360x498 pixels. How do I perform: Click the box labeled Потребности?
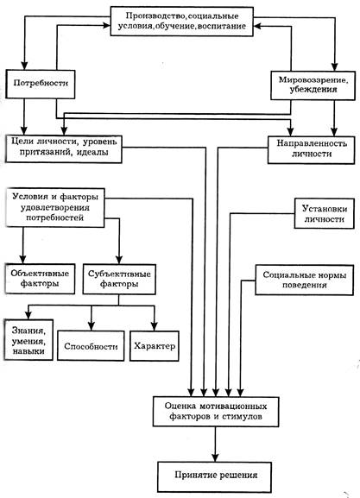tap(41, 84)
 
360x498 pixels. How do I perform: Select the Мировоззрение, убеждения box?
tap(313, 85)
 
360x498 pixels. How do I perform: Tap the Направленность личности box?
tap(311, 150)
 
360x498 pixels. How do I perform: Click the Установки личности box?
tap(324, 213)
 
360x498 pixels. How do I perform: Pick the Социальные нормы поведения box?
tap(305, 280)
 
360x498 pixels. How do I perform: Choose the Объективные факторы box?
tap(40, 279)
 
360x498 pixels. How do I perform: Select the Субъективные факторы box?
tap(119, 279)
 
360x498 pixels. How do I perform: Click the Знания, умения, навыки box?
tap(28, 340)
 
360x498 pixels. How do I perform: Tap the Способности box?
tap(91, 346)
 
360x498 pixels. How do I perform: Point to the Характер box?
tap(155, 346)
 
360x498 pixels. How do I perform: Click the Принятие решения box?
tap(214, 476)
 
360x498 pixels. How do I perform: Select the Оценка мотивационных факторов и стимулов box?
tap(216, 412)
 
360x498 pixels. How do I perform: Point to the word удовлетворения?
tap(55, 208)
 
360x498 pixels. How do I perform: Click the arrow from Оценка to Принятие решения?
tap(216, 444)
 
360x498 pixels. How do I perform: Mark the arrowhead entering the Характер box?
tap(155, 326)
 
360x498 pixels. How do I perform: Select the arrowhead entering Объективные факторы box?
tap(22, 259)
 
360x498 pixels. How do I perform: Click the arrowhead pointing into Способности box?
tap(92, 326)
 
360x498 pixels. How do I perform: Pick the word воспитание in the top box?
tap(222, 26)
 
